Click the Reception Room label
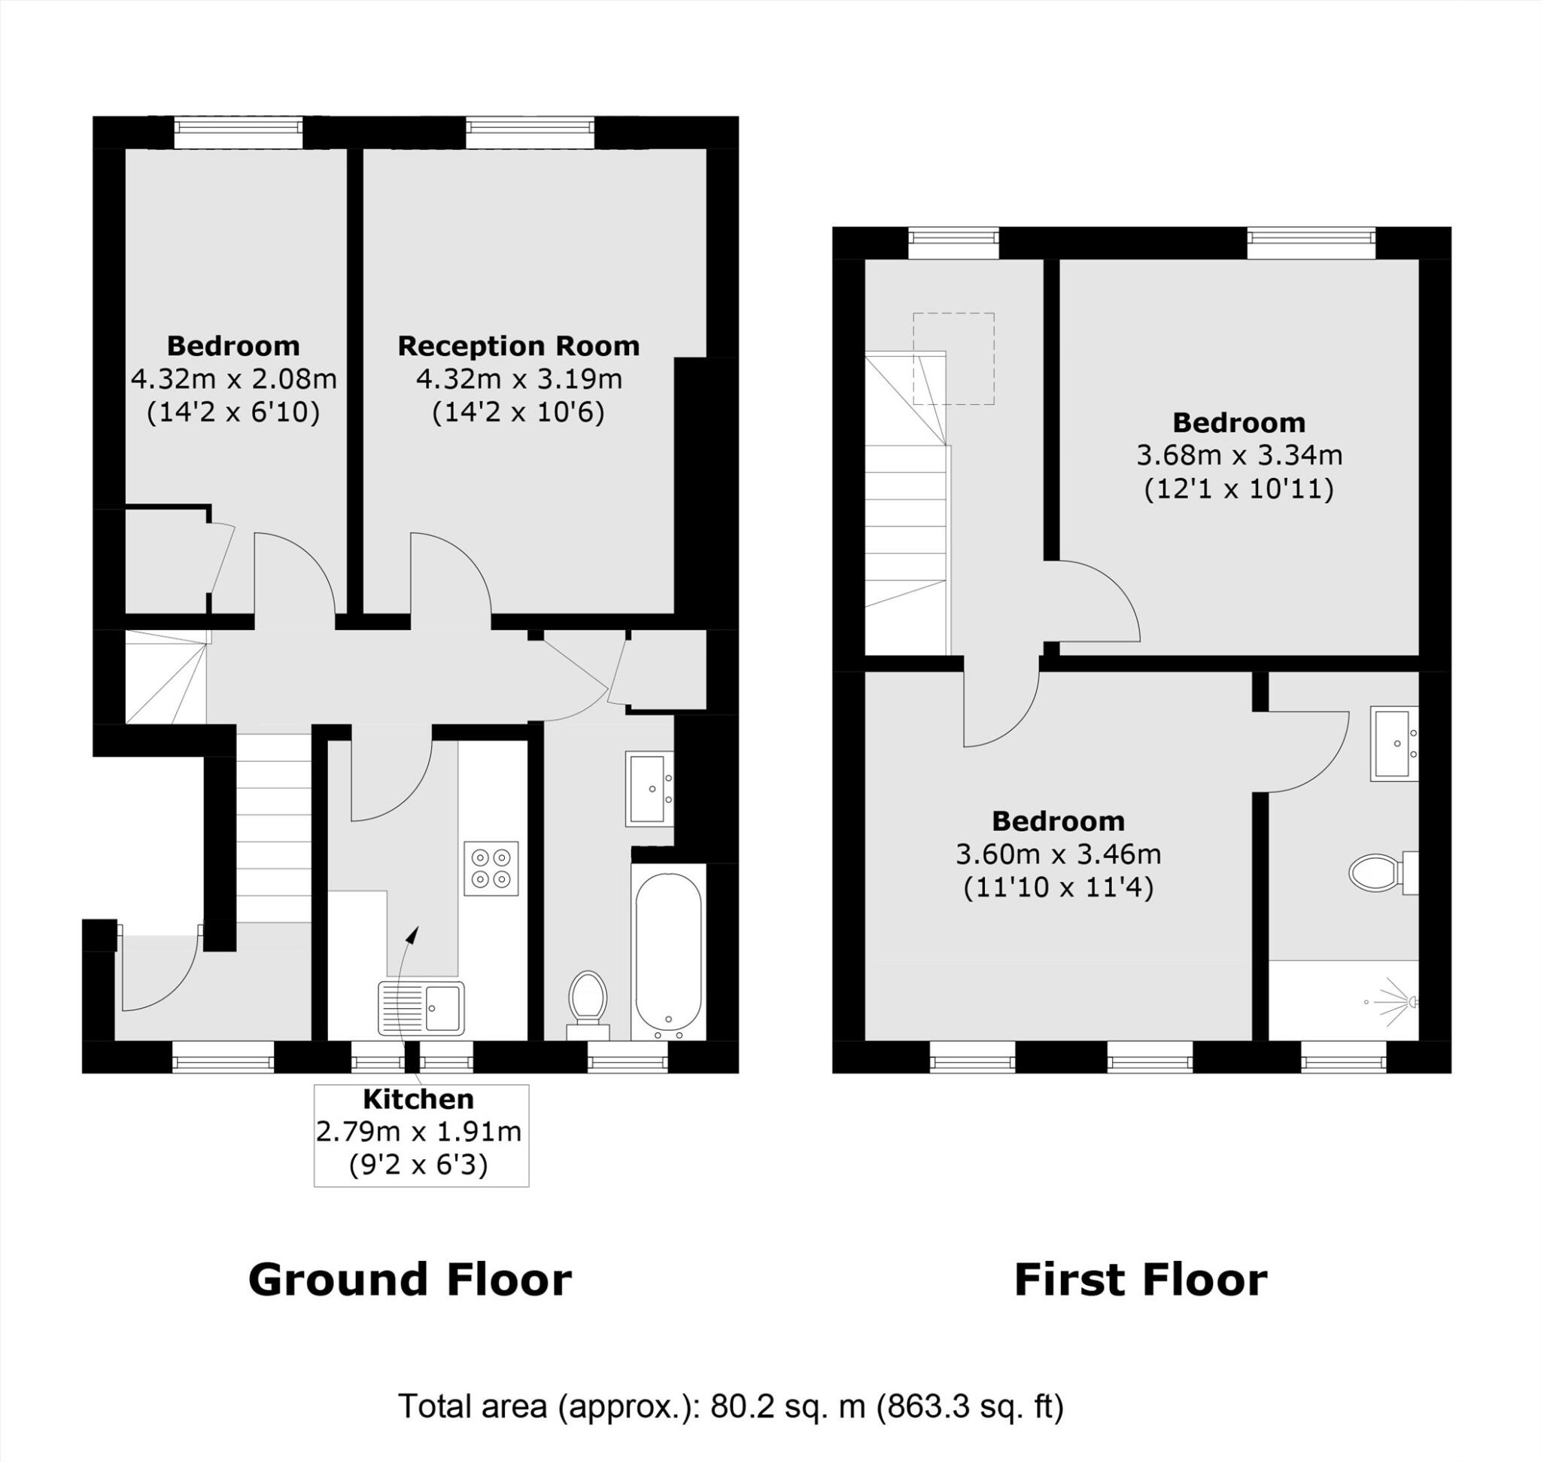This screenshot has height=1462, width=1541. point(518,346)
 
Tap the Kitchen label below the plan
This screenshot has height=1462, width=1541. point(418,1099)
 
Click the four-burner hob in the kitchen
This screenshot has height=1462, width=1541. point(491,868)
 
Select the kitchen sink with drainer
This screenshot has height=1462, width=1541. point(421,1007)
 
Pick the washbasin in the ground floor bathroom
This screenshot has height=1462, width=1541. point(649,789)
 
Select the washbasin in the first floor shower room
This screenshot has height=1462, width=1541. point(1394,744)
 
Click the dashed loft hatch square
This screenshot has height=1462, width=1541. point(953,358)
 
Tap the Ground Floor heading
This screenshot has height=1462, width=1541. point(410,1280)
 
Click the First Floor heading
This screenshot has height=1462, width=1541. point(1141,1280)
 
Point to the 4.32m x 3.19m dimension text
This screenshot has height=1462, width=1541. point(519,379)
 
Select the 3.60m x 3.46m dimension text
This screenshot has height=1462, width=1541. point(1058,854)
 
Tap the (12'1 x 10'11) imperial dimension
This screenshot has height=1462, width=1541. point(1239,489)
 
